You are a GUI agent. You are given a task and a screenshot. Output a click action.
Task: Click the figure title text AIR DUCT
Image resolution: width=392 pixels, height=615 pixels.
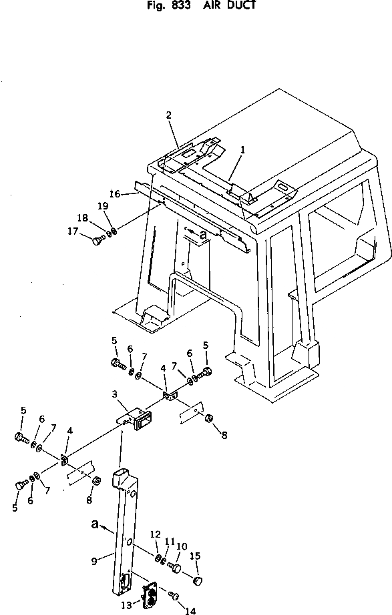[229, 5]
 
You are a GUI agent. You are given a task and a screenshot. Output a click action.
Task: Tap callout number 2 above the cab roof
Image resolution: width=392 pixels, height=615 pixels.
[168, 115]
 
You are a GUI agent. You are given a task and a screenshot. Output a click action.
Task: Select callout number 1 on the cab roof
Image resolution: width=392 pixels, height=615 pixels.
[242, 149]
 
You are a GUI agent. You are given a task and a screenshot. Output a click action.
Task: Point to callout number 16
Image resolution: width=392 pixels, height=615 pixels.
[115, 193]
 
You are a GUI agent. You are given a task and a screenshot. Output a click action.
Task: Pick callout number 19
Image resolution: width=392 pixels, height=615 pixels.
[103, 206]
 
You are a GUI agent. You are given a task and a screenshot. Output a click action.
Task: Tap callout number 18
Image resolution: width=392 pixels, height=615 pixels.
[83, 218]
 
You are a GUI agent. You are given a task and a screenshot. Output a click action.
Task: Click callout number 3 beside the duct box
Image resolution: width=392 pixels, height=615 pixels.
[114, 394]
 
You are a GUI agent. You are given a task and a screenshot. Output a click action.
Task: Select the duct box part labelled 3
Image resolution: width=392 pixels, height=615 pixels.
[136, 418]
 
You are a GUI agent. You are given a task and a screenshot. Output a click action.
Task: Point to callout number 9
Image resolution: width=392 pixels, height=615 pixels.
[94, 562]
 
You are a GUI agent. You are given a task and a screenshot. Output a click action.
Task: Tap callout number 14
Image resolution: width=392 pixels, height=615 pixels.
[190, 611]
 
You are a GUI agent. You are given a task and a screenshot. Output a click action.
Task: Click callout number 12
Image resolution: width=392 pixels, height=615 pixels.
[155, 534]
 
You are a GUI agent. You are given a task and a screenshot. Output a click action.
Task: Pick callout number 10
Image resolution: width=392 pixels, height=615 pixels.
[182, 546]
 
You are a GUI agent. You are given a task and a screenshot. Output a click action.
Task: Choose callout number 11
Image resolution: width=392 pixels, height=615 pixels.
[170, 541]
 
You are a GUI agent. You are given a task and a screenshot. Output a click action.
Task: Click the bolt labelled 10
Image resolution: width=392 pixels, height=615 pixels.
[175, 566]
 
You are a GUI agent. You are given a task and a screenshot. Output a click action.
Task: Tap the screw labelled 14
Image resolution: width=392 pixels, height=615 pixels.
[174, 595]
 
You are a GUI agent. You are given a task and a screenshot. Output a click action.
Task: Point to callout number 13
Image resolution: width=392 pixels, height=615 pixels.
[126, 606]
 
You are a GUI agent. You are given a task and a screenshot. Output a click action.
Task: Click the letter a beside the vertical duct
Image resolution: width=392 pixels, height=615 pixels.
[95, 524]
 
